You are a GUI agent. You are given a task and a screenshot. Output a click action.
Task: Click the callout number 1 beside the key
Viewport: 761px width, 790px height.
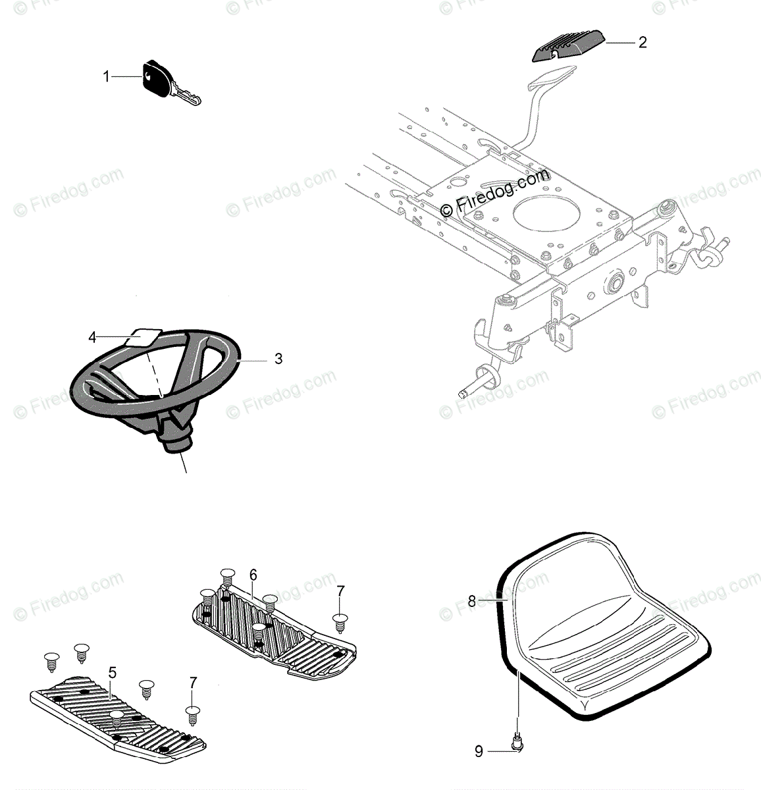point(106,77)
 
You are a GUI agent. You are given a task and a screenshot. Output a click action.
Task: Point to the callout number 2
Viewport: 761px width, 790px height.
point(643,43)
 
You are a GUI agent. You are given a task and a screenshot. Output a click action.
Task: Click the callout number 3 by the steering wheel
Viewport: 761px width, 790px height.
point(278,359)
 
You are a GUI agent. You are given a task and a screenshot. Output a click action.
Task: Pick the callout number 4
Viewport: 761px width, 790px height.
point(93,338)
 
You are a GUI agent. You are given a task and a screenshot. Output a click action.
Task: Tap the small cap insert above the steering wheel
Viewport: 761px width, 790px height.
point(142,336)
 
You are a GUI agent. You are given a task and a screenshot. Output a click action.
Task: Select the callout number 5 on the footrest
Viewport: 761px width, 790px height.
point(113,673)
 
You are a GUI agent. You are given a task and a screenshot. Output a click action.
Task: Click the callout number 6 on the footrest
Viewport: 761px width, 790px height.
point(253,574)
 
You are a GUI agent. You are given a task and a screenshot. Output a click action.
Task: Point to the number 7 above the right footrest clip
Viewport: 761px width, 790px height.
point(340,591)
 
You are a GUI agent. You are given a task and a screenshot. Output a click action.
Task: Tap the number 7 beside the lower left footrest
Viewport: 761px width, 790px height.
point(192,683)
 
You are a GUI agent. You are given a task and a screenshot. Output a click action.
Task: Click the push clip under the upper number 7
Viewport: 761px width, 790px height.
point(340,621)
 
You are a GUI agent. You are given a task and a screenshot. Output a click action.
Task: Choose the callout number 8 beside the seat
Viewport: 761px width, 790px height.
point(471,600)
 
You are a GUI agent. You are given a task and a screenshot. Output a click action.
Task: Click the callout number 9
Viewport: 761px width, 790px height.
point(479,750)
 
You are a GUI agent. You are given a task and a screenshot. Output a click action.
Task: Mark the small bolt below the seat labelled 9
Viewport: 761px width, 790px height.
point(518,745)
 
